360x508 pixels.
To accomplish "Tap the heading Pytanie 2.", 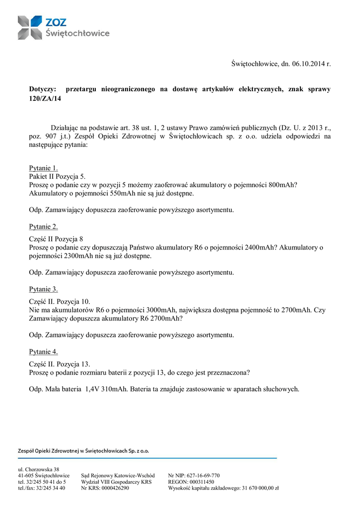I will click(44, 227).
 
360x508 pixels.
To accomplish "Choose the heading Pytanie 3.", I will click(44, 289).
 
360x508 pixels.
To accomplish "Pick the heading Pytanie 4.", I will click(44, 352).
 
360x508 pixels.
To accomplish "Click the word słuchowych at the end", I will click(281, 389).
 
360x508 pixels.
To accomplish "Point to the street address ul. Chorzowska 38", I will click(39, 469).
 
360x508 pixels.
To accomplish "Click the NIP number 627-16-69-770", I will click(201, 475).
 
